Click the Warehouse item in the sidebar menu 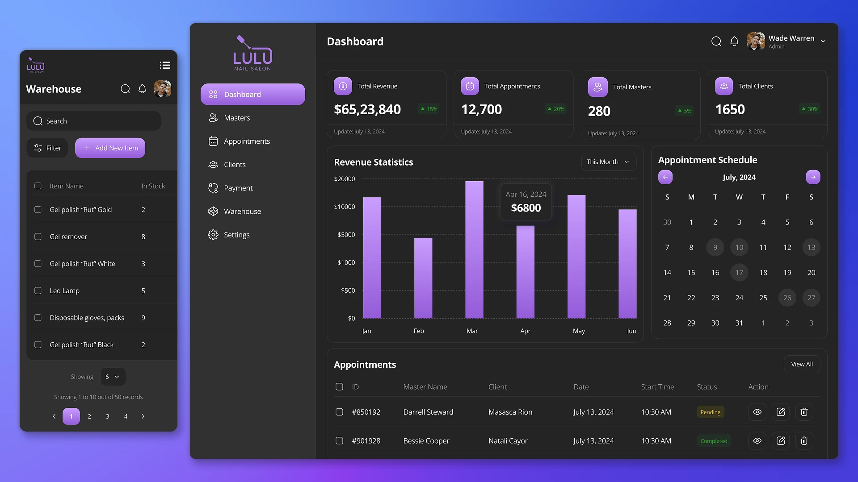(242, 212)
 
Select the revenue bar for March (474, 250)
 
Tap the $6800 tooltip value (526, 208)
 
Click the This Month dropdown (608, 162)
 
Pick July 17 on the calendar (739, 273)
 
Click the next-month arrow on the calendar (812, 177)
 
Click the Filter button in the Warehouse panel (47, 148)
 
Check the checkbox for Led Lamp (38, 291)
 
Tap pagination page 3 (107, 416)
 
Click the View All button (802, 365)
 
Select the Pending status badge (710, 412)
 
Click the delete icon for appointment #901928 (803, 441)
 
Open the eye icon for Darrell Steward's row (757, 412)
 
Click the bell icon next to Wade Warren (734, 42)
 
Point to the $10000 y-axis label (344, 207)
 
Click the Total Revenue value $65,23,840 (367, 109)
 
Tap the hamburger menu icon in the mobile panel (165, 66)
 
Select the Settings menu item (236, 235)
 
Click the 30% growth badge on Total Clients (810, 109)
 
